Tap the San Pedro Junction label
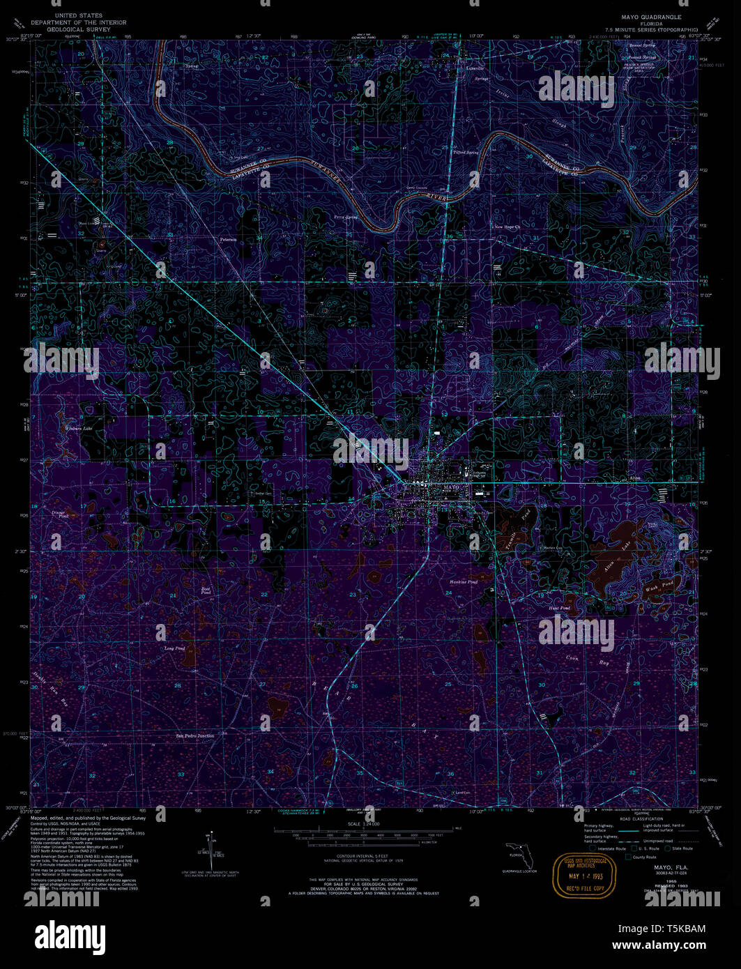point(194,735)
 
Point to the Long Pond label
point(174,648)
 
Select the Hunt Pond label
point(559,609)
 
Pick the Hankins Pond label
point(463,581)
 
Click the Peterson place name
point(229,239)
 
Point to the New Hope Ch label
point(507,227)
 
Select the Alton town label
point(634,478)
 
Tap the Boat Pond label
point(206,590)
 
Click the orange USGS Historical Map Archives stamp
point(583,876)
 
